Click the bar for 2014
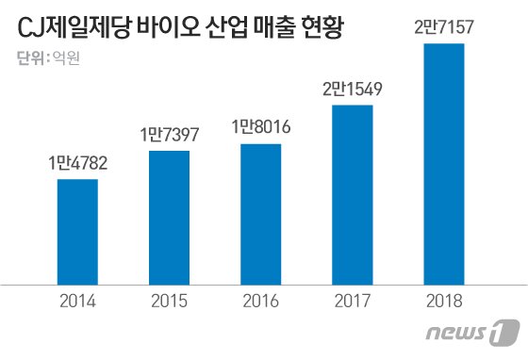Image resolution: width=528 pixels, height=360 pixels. [77, 230]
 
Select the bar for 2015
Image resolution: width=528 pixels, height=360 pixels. [170, 216]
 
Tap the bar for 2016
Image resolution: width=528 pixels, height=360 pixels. [261, 213]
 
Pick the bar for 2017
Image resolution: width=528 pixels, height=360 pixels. [353, 193]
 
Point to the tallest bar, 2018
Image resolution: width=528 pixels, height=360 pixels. [445, 162]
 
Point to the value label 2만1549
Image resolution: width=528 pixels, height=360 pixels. [353, 90]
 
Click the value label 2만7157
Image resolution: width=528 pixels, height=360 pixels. [445, 28]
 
